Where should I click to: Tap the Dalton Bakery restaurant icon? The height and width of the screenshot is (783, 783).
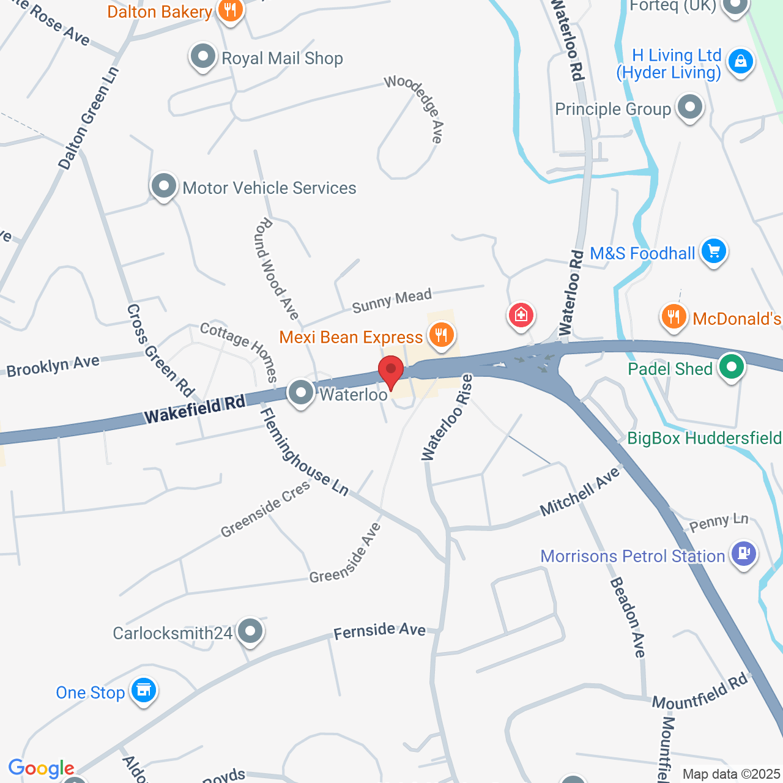230,10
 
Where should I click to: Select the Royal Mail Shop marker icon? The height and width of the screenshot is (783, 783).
203,58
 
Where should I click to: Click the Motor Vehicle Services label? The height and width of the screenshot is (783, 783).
269,188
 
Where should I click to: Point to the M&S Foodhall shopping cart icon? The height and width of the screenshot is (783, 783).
713,251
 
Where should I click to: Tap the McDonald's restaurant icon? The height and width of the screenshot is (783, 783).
674,317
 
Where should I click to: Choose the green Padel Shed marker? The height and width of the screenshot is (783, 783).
731,367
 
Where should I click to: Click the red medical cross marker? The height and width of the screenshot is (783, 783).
521,315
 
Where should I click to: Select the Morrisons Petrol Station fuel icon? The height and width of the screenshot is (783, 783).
744,554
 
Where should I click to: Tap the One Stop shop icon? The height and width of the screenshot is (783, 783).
144,690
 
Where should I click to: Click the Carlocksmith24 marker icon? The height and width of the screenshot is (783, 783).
250,631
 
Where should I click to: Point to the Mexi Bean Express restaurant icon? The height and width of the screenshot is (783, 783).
440,335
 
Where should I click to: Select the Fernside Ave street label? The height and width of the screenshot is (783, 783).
379,631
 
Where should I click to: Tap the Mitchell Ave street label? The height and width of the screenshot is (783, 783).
580,492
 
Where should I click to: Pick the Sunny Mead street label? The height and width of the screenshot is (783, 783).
392,301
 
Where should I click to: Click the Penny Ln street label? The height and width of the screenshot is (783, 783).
719,523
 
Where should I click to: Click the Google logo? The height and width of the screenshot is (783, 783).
41,769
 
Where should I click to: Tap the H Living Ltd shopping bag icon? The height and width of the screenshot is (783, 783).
741,61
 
